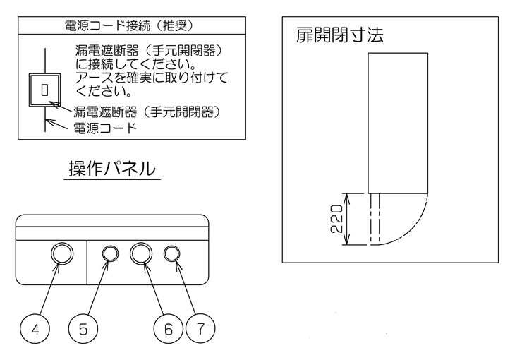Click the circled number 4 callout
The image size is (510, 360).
click(35, 329)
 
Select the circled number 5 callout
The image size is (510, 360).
click(83, 329)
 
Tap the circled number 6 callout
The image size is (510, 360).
click(168, 329)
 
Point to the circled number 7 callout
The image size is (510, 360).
click(200, 329)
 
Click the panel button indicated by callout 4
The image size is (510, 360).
click(62, 253)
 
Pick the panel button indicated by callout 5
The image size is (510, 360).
click(110, 253)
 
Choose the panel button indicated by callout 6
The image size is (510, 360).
click(141, 253)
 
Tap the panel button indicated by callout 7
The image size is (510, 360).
click(171, 253)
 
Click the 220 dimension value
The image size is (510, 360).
click(337, 218)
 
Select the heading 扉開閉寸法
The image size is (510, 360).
click(339, 35)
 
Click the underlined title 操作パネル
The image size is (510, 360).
click(112, 169)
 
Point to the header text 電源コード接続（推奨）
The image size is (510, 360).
click(129, 25)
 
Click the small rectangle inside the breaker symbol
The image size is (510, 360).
click(44, 90)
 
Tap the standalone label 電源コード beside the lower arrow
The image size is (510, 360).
click(104, 128)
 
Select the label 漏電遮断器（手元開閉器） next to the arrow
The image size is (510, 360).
click(147, 112)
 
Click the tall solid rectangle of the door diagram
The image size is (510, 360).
click(398, 123)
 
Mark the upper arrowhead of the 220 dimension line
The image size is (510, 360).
click(347, 198)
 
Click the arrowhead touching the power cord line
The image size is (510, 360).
click(48, 121)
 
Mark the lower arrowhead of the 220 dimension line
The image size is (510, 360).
click(347, 240)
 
